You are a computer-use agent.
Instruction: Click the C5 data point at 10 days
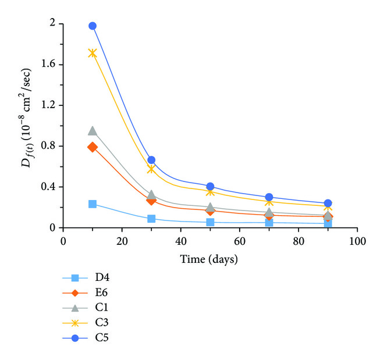pos(93,26)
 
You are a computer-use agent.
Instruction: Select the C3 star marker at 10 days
pos(93,53)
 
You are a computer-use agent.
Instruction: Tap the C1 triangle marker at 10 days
pos(93,131)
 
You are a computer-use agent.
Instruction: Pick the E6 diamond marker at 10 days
pos(93,147)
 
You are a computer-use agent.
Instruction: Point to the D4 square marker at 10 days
pos(93,204)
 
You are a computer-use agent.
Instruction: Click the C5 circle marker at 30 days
pos(151,160)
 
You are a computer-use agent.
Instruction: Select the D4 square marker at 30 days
pos(151,219)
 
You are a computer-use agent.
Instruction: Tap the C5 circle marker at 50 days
pos(210,187)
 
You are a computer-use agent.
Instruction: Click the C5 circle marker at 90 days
pos(328,204)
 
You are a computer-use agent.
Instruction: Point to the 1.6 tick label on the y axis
pos(48,65)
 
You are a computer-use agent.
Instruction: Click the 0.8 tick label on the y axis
pos(48,146)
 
